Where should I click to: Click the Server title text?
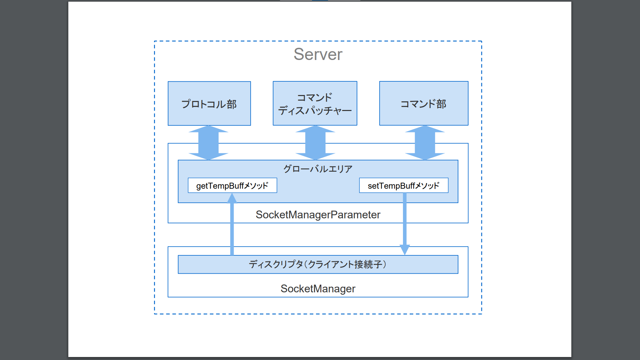[x=318, y=54]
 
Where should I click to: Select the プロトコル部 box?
[x=209, y=104]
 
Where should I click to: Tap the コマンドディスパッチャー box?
[x=315, y=104]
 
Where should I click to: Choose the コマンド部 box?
[x=423, y=104]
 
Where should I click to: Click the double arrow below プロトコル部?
[x=208, y=143]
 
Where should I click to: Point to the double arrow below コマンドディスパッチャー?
[x=315, y=143]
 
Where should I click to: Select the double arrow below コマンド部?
[x=425, y=143]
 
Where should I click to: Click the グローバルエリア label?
[x=318, y=169]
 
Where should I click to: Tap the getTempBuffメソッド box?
[x=232, y=186]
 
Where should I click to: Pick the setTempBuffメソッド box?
[x=403, y=186]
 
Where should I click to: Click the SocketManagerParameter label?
[x=318, y=215]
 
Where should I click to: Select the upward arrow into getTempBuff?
[x=232, y=227]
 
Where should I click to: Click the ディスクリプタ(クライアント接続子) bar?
[x=318, y=265]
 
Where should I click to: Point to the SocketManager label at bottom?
[x=318, y=289]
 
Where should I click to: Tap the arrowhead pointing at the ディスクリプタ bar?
[x=405, y=250]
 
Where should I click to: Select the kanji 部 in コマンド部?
[x=441, y=104]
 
